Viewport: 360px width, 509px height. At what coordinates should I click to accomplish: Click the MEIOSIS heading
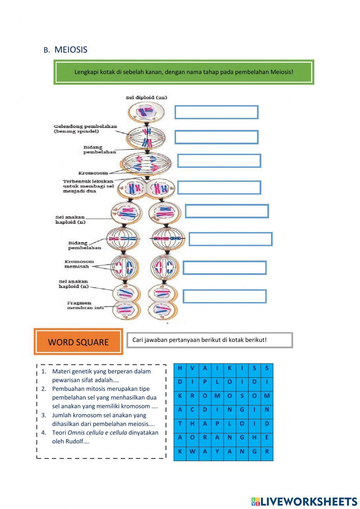tap(71, 50)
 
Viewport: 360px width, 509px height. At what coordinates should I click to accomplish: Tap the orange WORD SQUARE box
tap(78, 342)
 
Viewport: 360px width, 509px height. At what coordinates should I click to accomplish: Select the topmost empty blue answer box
tap(216, 112)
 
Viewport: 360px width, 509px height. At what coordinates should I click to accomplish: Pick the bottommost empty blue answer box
tap(224, 296)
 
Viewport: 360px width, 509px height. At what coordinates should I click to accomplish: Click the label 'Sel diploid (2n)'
tap(146, 98)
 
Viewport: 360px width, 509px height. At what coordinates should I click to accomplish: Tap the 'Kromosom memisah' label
tap(79, 264)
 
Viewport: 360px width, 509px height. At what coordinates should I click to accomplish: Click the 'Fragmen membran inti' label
tap(85, 305)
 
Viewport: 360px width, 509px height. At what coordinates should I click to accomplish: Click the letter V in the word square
tap(192, 368)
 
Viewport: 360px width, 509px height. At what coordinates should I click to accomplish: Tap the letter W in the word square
tap(192, 451)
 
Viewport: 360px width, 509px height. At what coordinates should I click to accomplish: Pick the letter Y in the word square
tap(217, 451)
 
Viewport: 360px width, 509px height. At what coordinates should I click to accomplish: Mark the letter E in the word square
tap(267, 437)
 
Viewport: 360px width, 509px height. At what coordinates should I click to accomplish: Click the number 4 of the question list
tap(44, 433)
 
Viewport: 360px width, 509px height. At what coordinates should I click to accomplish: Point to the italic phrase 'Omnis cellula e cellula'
tap(97, 433)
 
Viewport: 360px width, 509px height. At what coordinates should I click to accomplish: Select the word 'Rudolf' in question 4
tap(74, 442)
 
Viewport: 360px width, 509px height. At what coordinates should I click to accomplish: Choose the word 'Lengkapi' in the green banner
tap(86, 72)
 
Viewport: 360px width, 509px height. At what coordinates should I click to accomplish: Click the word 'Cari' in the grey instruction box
tap(138, 340)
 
